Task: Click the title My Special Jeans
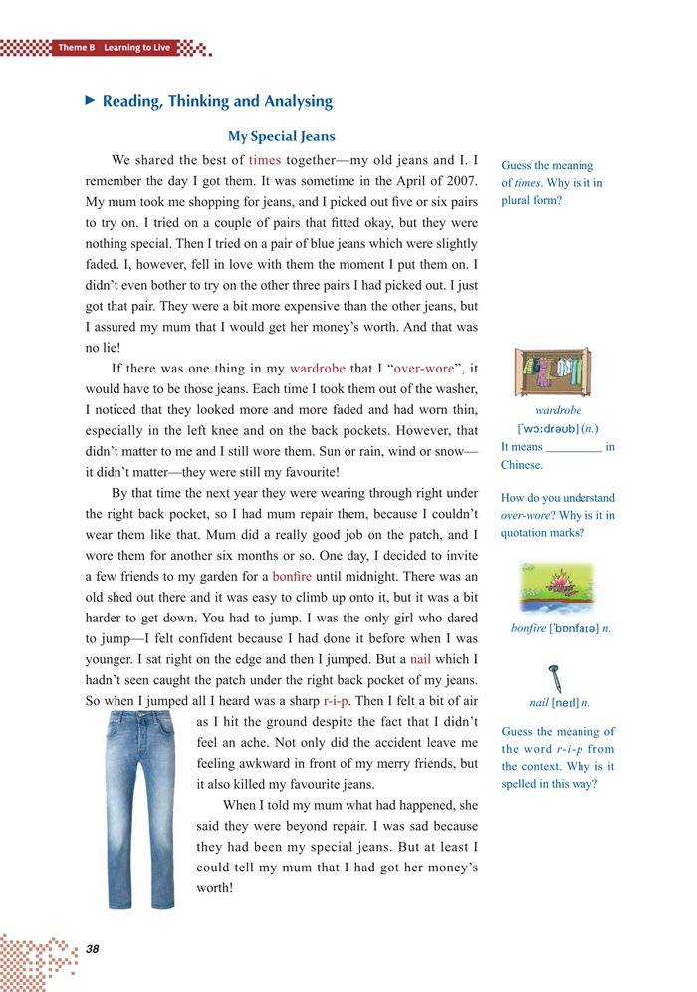coord(282,136)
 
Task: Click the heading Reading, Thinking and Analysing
coord(217,101)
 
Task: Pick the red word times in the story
coord(265,160)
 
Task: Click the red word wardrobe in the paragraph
coord(317,368)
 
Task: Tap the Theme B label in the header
coord(76,48)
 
